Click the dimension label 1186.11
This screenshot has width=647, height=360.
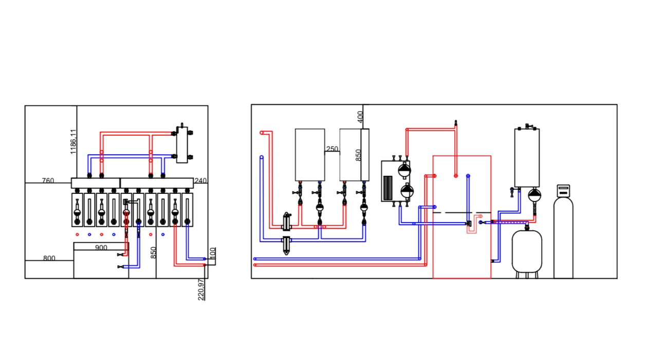pyautogui.click(x=73, y=142)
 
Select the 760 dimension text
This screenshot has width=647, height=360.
pyautogui.click(x=48, y=181)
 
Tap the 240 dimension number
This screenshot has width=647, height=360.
pyautogui.click(x=200, y=181)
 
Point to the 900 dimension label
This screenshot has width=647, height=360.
pyautogui.click(x=101, y=247)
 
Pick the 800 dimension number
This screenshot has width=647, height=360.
pyautogui.click(x=49, y=258)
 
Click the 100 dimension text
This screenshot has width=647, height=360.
pyautogui.click(x=213, y=254)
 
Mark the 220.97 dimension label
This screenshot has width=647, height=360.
pyautogui.click(x=201, y=290)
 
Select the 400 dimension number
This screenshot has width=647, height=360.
pyautogui.click(x=360, y=117)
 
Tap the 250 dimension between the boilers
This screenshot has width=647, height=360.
pyautogui.click(x=332, y=149)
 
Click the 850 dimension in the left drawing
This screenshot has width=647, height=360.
pyautogui.click(x=153, y=253)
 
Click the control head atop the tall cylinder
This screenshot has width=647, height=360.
pyautogui.click(x=563, y=191)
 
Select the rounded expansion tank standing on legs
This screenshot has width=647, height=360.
pyautogui.click(x=527, y=251)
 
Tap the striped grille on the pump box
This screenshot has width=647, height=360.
pyautogui.click(x=387, y=188)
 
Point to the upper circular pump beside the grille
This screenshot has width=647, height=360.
pyautogui.click(x=404, y=170)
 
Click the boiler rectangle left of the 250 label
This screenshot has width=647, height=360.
pyautogui.click(x=310, y=155)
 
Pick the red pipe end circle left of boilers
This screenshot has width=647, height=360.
pyautogui.click(x=262, y=133)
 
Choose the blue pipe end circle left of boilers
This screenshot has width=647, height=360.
pyautogui.click(x=262, y=157)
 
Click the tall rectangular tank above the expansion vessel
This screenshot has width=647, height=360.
pyautogui.click(x=527, y=158)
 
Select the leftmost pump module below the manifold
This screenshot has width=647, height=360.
pyautogui.click(x=77, y=210)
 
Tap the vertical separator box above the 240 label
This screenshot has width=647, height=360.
pyautogui.click(x=182, y=145)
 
